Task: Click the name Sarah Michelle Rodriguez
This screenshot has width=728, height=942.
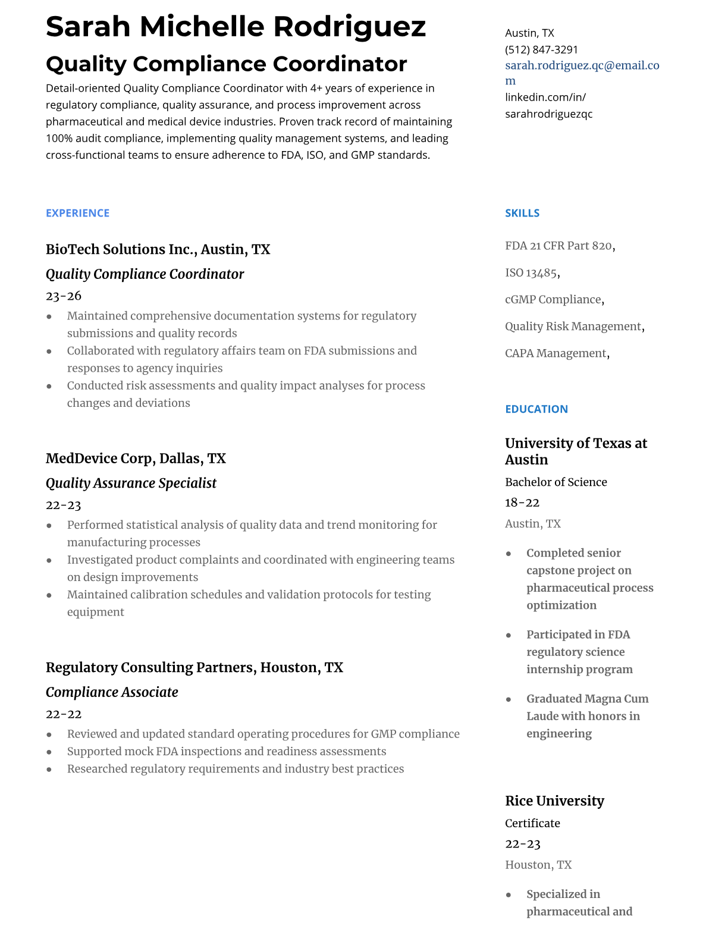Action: [x=236, y=27]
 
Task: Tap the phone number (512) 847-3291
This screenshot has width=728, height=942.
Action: [x=541, y=49]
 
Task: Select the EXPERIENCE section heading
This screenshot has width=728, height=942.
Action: [x=77, y=213]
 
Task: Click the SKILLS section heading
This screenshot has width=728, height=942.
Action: [x=522, y=213]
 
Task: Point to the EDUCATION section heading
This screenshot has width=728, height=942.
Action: [x=536, y=409]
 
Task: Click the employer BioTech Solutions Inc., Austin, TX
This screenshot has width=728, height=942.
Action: [x=158, y=249]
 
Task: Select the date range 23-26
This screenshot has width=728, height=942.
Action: [x=63, y=296]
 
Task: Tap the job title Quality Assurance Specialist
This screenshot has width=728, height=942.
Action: [x=131, y=483]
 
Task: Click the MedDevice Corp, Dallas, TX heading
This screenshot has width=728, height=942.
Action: [x=136, y=459]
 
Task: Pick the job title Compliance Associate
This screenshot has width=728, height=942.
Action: [x=112, y=692]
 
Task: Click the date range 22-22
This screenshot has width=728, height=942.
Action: [x=63, y=714]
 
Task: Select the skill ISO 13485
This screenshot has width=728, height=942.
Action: [x=531, y=273]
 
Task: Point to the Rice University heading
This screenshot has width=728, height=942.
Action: [x=554, y=801]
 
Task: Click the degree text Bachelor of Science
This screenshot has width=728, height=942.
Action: [x=556, y=482]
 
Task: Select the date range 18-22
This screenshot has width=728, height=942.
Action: [x=522, y=503]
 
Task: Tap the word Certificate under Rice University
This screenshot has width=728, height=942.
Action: [x=532, y=823]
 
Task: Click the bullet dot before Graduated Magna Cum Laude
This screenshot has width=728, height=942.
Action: [x=509, y=699]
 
